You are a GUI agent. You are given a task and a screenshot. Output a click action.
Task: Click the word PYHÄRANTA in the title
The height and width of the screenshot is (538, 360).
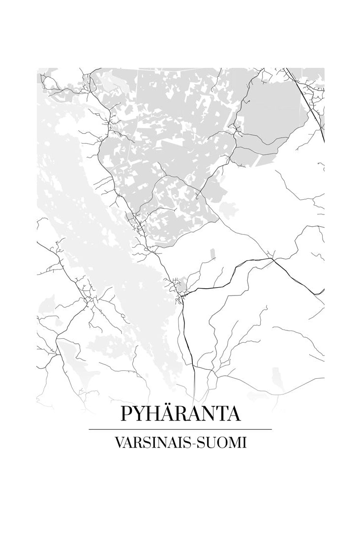[180, 414]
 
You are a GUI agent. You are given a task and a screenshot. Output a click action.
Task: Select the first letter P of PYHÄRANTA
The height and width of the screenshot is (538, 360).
[126, 414]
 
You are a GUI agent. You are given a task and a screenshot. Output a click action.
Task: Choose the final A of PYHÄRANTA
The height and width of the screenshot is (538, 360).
[233, 414]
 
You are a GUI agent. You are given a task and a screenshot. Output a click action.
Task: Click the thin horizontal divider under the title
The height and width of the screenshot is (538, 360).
[180, 429]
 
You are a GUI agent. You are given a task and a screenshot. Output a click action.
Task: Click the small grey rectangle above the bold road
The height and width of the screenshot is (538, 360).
[212, 254]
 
